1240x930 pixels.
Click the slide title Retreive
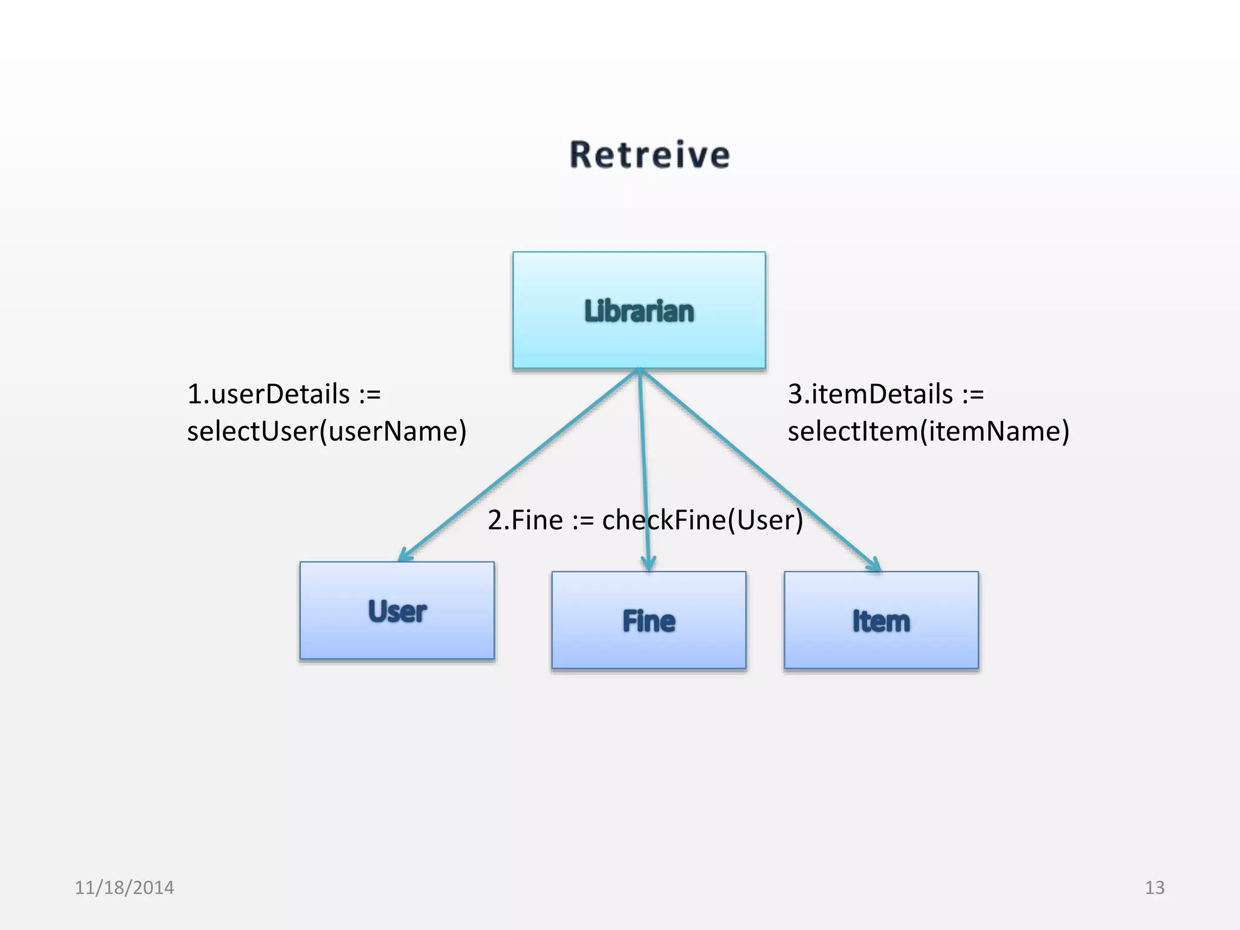pyautogui.click(x=650, y=155)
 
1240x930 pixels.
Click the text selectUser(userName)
pyautogui.click(x=327, y=431)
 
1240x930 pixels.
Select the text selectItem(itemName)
pyautogui.click(x=928, y=431)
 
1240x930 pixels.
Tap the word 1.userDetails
pyautogui.click(x=268, y=394)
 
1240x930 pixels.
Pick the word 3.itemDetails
pyautogui.click(x=870, y=394)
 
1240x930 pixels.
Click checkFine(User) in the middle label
pyautogui.click(x=702, y=520)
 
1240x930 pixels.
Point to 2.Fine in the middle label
pyautogui.click(x=525, y=520)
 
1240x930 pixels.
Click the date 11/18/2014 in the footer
pyautogui.click(x=124, y=888)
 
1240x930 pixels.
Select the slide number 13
pyautogui.click(x=1154, y=888)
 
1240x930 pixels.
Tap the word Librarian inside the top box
pyautogui.click(x=639, y=311)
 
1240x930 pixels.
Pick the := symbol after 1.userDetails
pyautogui.click(x=370, y=395)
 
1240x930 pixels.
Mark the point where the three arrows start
pyautogui.click(x=639, y=370)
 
